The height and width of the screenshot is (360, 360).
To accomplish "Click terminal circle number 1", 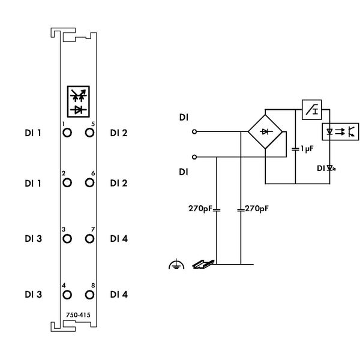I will [67, 133].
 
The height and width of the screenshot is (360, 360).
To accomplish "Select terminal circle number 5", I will [90, 133].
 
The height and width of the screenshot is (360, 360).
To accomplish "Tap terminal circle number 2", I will [67, 182].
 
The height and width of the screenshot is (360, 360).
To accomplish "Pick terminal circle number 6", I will [90, 182].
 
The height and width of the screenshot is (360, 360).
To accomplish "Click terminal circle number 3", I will [67, 238].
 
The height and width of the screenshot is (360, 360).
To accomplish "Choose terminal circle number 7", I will [90, 238].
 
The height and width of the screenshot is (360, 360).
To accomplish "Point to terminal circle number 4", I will [67, 295].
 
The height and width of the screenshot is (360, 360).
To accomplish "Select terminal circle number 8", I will [90, 295].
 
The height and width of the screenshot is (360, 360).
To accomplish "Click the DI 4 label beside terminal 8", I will [119, 295].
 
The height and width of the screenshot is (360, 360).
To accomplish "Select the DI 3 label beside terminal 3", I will [33, 239].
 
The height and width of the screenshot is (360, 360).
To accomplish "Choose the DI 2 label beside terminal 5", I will [119, 133].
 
